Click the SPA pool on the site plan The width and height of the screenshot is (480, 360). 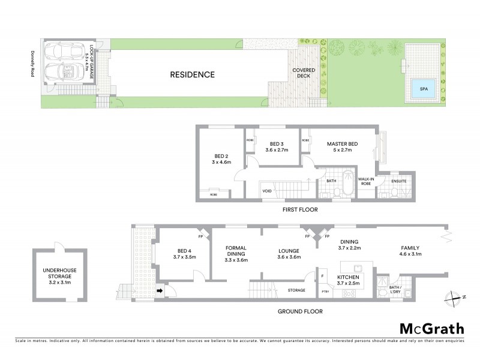(424, 89)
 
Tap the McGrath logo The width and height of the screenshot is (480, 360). (431, 328)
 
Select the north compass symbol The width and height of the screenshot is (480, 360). (455, 296)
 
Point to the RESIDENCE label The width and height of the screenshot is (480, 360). (192, 75)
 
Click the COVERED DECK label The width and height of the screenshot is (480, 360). (304, 73)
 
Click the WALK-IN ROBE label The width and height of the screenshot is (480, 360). (367, 181)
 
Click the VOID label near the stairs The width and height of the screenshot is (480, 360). (268, 191)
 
